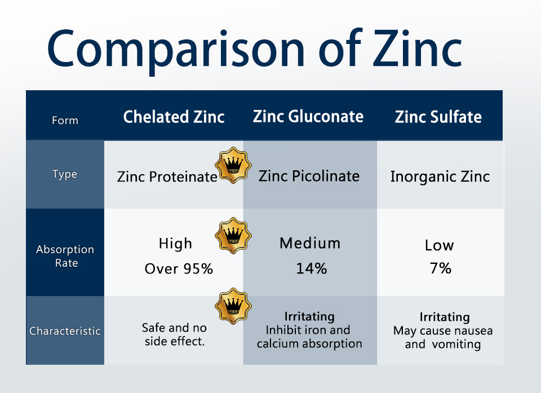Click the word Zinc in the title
[417, 48]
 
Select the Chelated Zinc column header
[174, 117]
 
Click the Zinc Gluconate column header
[308, 116]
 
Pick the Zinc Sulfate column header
[438, 117]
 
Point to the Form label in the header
[65, 121]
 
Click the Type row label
[65, 174]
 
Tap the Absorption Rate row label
[65, 256]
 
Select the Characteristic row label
[65, 331]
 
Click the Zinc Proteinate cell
[167, 177]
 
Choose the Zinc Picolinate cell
[309, 176]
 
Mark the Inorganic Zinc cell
[440, 176]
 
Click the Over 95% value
[179, 269]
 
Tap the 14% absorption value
[312, 268]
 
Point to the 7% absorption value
[441, 268]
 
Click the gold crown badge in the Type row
[233, 165]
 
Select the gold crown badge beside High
[233, 236]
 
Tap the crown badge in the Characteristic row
[233, 306]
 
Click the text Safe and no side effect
[174, 334]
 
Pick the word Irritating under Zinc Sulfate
[445, 317]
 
